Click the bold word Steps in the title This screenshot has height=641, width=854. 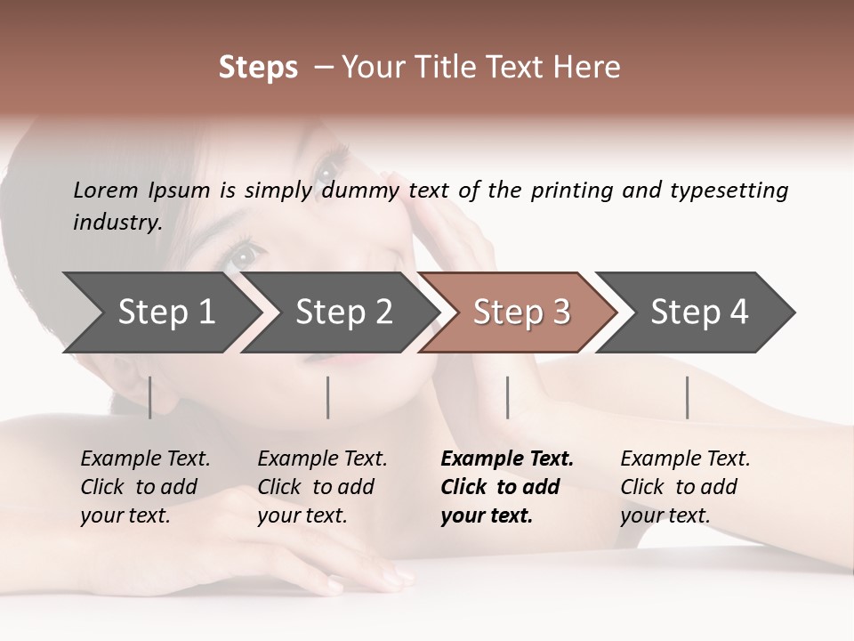(x=258, y=68)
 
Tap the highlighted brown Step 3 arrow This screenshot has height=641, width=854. (x=521, y=312)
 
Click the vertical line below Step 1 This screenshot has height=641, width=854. (x=150, y=397)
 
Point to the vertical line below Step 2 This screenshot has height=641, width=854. (x=328, y=397)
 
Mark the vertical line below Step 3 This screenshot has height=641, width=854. (x=507, y=397)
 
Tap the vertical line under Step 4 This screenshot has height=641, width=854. (x=687, y=397)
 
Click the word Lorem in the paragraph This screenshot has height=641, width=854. (x=106, y=190)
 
